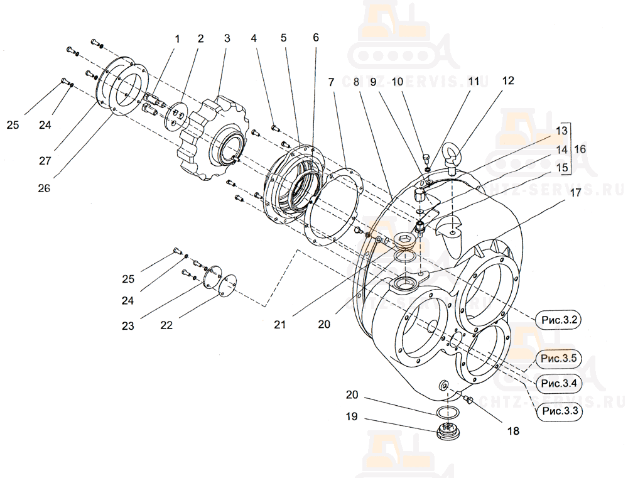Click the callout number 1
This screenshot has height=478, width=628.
[x=177, y=38]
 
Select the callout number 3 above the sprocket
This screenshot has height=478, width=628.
[x=227, y=38]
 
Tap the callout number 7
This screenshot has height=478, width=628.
[x=330, y=82]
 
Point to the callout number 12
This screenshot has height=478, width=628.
[x=507, y=80]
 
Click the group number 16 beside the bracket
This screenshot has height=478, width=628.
[x=580, y=149]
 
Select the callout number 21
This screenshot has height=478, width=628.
[x=279, y=324]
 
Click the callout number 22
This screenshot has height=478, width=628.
[x=166, y=325]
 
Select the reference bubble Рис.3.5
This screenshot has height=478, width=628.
[x=559, y=359]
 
